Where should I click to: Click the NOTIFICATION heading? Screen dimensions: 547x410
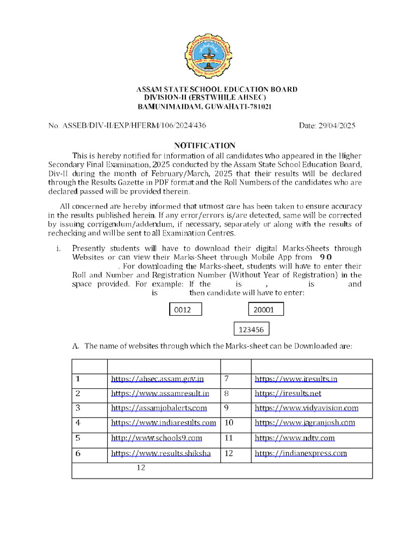tap(206, 145)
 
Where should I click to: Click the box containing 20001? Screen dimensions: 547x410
tap(266, 309)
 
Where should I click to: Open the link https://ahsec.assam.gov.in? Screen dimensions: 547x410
tap(157, 379)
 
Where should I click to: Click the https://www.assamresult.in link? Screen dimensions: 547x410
tap(160, 394)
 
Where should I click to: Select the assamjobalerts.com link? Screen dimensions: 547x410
tap(159, 408)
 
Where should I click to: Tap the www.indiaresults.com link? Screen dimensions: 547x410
tap(163, 423)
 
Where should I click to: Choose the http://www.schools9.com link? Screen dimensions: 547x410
tap(156, 438)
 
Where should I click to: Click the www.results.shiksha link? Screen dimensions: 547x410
tap(161, 454)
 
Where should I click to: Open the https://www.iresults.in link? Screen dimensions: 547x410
tap(296, 379)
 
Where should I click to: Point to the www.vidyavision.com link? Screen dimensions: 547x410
tap(306, 408)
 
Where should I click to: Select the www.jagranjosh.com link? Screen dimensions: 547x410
tap(305, 423)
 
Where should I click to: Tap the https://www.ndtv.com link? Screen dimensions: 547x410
tap(295, 438)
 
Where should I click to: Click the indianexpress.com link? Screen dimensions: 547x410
tap(301, 454)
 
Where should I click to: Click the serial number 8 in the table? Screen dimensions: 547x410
tap(227, 394)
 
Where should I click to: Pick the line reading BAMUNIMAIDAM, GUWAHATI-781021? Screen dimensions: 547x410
tap(205, 107)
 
